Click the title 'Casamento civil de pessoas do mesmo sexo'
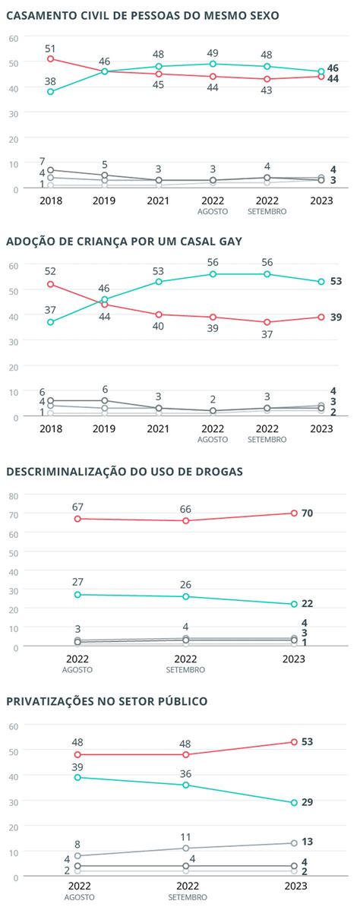142,14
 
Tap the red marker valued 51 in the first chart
50,58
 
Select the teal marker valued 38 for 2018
50,91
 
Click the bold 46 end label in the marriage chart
333,69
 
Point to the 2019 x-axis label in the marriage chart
105,201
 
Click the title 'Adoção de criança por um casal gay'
125,242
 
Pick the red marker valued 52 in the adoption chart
50,284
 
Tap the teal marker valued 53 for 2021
159,281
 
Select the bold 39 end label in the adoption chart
335,317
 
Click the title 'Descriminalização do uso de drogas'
125,471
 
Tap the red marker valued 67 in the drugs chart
77,519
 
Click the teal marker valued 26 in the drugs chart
186,596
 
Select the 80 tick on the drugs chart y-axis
13,496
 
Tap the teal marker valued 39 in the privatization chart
77,777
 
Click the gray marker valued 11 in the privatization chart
186,848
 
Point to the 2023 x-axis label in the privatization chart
294,886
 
